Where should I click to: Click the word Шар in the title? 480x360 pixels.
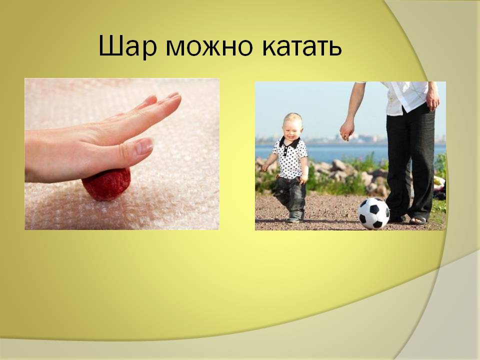tap(127, 46)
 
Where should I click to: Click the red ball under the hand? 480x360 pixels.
tap(106, 184)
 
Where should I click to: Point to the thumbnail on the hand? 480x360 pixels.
tap(144, 146)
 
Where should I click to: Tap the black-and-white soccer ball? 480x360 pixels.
tap(374, 213)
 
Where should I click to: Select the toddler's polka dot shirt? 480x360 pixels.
tap(289, 158)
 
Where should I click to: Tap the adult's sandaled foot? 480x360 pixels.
tap(417, 220)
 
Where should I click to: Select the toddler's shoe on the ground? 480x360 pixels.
tap(294, 218)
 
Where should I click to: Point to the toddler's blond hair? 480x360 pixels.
tap(293, 118)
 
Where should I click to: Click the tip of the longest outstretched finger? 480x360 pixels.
tap(180, 95)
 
